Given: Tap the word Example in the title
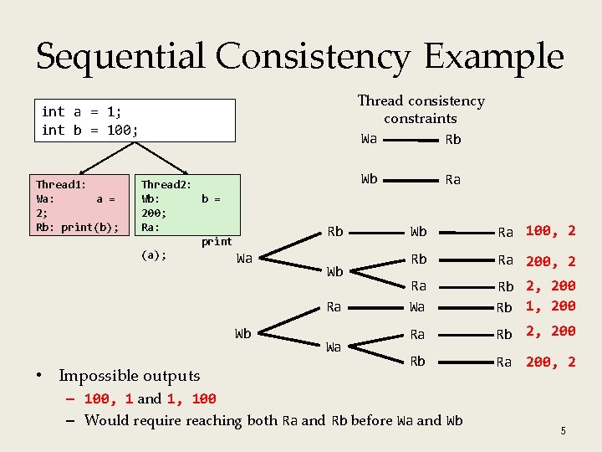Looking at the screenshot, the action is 493,56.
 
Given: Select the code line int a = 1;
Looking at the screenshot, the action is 82,111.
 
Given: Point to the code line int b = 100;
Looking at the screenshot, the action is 89,130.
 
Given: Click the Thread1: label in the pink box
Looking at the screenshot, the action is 61,184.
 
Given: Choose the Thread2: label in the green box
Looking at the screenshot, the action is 166,184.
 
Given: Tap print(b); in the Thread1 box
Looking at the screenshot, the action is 90,227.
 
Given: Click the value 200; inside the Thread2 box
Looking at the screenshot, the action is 159,213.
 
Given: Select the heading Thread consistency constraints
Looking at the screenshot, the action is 421,109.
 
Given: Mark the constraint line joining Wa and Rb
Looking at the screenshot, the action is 410,140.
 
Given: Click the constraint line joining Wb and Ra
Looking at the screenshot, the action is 410,179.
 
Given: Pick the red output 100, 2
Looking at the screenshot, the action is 550,231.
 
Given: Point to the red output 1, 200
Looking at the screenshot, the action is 550,306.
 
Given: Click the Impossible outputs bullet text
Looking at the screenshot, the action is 129,376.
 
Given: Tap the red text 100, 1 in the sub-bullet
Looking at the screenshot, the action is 108,399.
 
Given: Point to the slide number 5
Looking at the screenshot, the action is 564,430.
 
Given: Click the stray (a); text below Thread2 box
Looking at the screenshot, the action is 154,255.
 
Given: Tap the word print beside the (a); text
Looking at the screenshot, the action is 217,242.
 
